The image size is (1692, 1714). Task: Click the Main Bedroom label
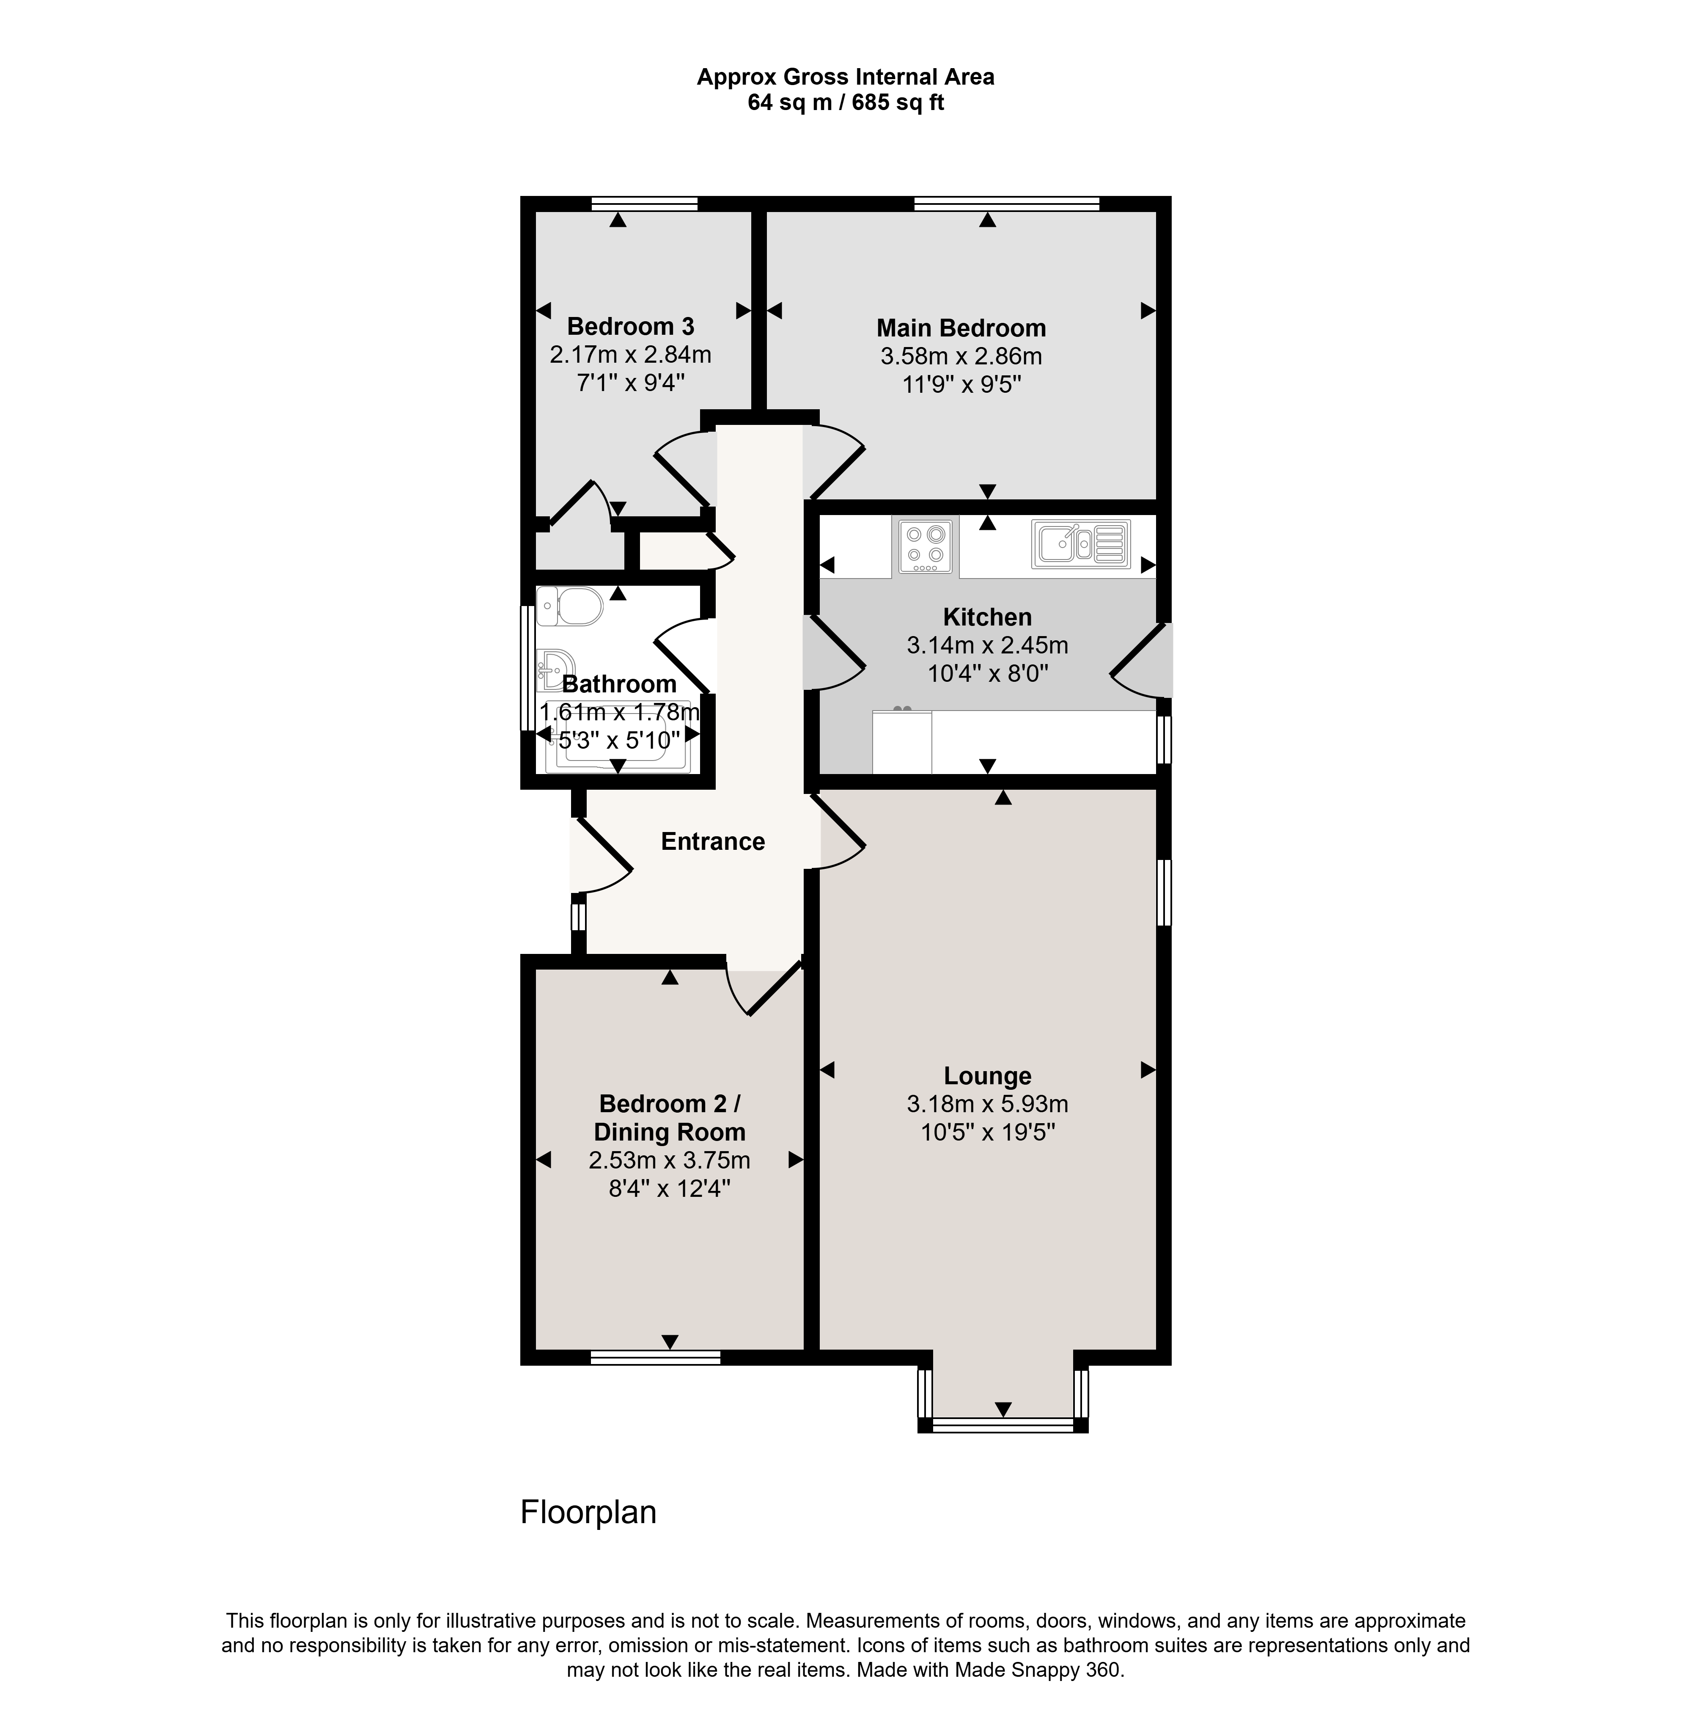pyautogui.click(x=961, y=328)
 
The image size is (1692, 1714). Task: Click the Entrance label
pyautogui.click(x=713, y=841)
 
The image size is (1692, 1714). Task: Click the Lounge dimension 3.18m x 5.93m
pyautogui.click(x=987, y=1104)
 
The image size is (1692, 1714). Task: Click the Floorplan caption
pyautogui.click(x=588, y=1512)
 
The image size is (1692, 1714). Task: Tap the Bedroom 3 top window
pyautogui.click(x=645, y=203)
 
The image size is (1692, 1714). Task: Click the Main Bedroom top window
pyautogui.click(x=1006, y=203)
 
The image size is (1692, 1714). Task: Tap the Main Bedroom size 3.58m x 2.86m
pyautogui.click(x=961, y=357)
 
